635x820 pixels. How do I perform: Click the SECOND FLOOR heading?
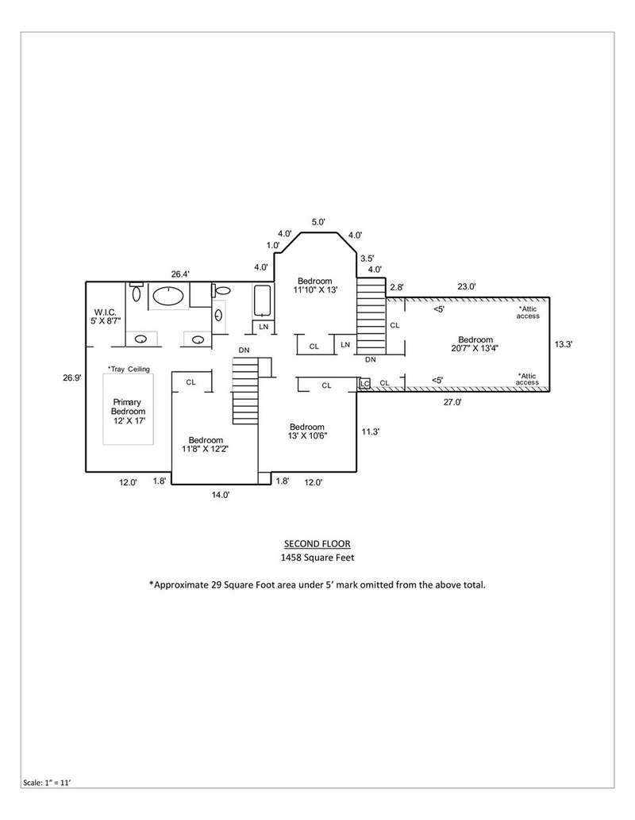[x=317, y=544]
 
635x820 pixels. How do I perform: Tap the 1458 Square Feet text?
[x=317, y=558]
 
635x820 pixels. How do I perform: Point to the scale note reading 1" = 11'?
[x=47, y=783]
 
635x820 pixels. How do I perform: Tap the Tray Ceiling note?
[x=129, y=369]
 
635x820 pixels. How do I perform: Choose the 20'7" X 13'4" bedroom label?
[x=475, y=343]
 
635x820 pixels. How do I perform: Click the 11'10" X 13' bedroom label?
[x=315, y=285]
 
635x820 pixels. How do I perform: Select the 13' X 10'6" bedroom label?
[x=307, y=431]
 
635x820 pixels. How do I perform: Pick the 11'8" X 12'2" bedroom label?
[x=206, y=444]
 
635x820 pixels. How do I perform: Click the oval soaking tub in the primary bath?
[x=168, y=296]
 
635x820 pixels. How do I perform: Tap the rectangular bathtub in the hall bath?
[x=262, y=301]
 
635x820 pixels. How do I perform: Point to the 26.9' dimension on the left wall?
[x=71, y=377]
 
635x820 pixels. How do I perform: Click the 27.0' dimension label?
[x=452, y=402]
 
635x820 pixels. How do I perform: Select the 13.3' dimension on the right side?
[x=564, y=344]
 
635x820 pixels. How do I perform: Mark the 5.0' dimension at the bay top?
[x=319, y=222]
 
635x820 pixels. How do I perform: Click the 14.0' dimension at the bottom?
[x=221, y=494]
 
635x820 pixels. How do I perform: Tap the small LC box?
[x=365, y=384]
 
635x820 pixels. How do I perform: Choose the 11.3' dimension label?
[x=371, y=431]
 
